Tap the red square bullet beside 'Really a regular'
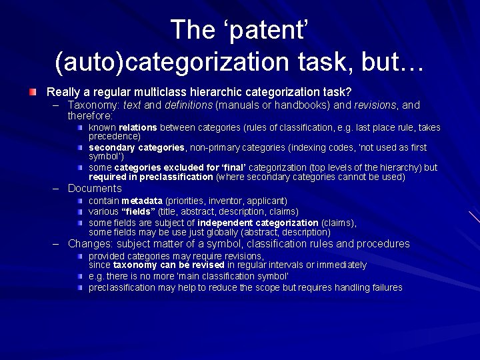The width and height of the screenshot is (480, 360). click(33, 91)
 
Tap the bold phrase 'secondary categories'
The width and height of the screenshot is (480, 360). click(137, 147)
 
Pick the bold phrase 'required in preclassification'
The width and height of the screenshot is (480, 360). click(151, 177)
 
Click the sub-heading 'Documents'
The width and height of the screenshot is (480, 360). click(95, 189)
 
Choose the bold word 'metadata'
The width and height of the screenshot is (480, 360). click(142, 201)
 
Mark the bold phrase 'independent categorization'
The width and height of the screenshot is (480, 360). click(258, 223)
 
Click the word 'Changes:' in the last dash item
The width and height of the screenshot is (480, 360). click(91, 244)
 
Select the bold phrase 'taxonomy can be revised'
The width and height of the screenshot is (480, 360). click(169, 265)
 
